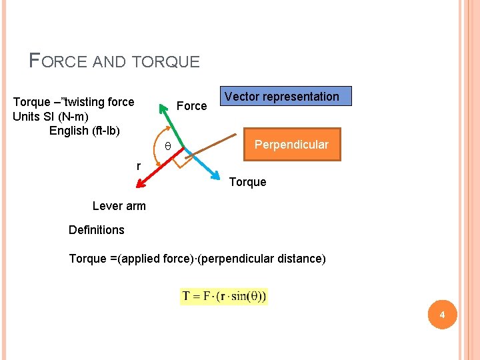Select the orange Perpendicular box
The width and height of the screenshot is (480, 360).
point(292,145)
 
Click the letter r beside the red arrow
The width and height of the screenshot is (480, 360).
point(138,166)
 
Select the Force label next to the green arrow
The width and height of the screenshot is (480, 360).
point(191,106)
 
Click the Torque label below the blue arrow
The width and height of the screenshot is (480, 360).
point(247,182)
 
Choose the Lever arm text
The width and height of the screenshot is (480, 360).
point(119,206)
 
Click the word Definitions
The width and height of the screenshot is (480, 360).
point(97,230)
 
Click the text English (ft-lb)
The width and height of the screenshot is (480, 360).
point(85,131)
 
